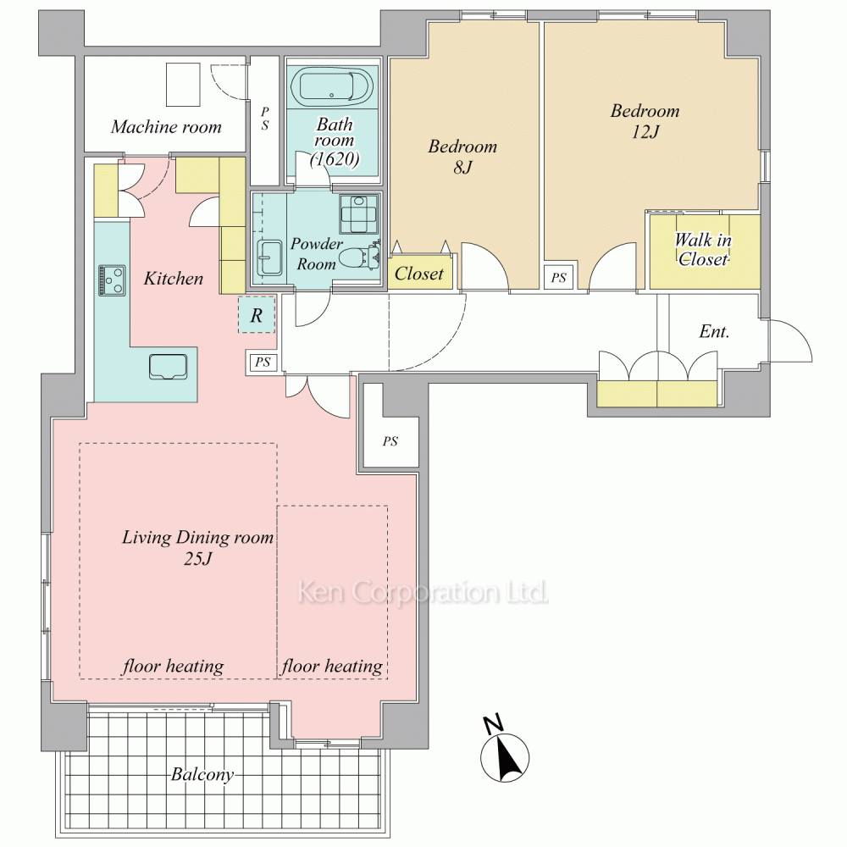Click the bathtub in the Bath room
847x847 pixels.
coord(332,86)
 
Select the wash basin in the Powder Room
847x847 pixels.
coord(269,257)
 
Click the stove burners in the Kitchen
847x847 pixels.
coord(113,280)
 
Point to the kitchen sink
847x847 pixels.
coord(168,367)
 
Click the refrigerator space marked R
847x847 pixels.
coord(257,314)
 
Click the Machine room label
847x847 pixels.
coord(166,127)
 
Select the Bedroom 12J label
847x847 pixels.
coord(645,121)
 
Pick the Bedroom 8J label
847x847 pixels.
coord(462,157)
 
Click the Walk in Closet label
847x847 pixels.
coord(703,250)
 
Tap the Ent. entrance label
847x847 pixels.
coord(714,331)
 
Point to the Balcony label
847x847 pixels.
coord(202,775)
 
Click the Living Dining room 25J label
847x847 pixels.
coord(197,547)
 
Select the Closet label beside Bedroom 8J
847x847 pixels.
coord(418,274)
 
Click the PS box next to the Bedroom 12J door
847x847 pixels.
coord(558,278)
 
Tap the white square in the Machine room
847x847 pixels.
coord(183,85)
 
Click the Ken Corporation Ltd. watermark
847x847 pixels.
coord(423,592)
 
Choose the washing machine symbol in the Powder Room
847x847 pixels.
coord(359,214)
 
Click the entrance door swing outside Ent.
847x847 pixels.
coord(790,341)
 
